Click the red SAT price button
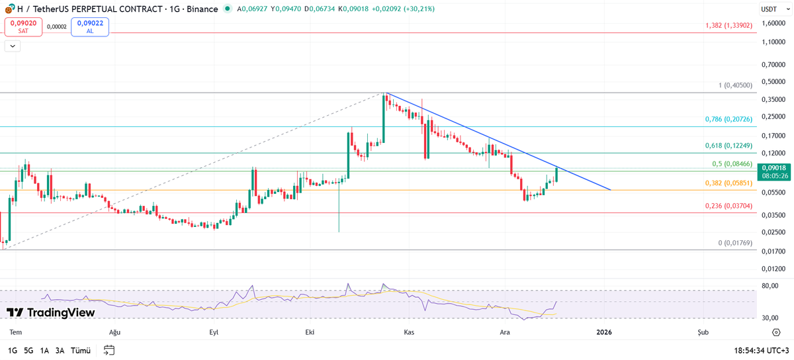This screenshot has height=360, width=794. pos(23,26)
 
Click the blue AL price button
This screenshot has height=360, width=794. pos(90,26)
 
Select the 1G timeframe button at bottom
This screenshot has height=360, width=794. pos(13,350)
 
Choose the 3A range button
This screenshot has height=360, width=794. pos(60,350)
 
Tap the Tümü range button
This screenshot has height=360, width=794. pos(80,350)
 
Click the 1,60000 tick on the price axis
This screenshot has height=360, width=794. pos(773,23)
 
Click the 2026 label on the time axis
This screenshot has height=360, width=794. pos(604,332)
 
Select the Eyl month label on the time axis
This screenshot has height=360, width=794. pos(214,332)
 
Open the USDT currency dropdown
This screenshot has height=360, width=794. pos(772,9)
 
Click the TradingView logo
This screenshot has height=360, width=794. pos(50,312)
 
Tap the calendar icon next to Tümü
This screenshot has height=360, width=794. pos(109,350)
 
